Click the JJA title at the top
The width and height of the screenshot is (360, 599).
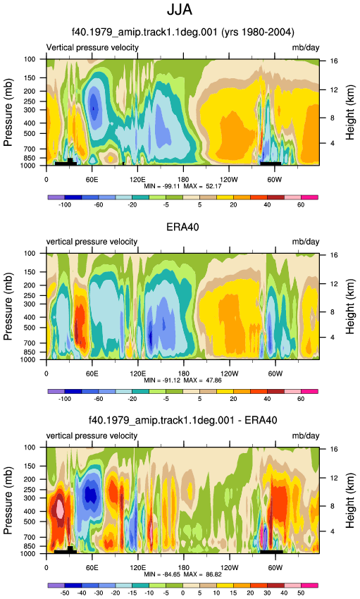tap(180, 10)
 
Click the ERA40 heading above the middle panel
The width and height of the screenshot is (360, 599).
tap(182, 227)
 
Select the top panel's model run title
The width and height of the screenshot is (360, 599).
tap(183, 32)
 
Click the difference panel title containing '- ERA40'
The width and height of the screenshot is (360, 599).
tap(183, 421)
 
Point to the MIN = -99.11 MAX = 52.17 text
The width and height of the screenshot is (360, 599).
tap(182, 187)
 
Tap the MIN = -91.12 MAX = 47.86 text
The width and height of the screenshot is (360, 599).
tap(182, 381)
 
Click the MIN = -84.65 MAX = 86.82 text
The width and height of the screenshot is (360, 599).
tap(182, 574)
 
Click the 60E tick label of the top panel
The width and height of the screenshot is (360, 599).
tap(92, 180)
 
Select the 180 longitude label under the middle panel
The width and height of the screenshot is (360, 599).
tap(183, 373)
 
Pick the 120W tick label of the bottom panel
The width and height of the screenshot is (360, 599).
tap(229, 568)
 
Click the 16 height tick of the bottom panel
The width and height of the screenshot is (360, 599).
tap(334, 450)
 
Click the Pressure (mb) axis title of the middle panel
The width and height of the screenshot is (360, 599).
tap(8, 307)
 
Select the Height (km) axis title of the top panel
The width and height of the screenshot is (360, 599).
tap(350, 112)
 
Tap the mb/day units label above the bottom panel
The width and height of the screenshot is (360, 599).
tap(306, 436)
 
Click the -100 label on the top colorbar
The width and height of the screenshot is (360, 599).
tap(65, 205)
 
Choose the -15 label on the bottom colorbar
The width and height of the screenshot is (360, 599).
tap(132, 593)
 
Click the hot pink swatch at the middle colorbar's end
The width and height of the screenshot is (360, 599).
tap(309, 392)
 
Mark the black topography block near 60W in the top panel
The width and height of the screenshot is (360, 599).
tap(271, 163)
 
